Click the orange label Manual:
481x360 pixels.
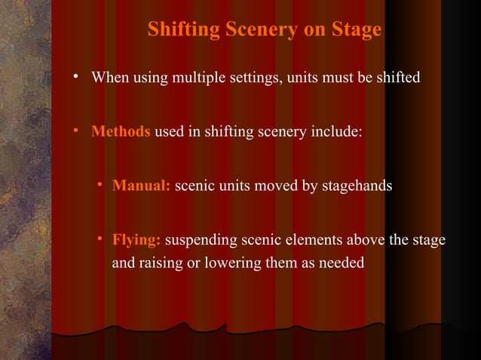coord(142,185)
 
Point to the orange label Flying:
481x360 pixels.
coord(136,240)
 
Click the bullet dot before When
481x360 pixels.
coord(77,78)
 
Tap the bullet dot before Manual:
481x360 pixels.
coord(100,185)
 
